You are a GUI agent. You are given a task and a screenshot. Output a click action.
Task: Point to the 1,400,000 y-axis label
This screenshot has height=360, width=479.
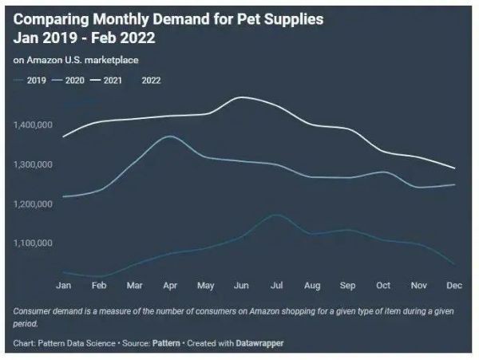34,125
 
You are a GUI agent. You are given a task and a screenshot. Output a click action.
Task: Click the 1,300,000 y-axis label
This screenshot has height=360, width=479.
34,164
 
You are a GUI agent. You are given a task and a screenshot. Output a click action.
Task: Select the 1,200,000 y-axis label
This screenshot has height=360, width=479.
34,204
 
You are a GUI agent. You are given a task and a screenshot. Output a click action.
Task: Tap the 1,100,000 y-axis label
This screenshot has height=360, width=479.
34,243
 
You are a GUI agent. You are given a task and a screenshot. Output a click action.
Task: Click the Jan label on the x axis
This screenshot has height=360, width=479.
64,284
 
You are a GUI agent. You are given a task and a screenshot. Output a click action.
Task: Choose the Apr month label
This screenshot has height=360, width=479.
169,284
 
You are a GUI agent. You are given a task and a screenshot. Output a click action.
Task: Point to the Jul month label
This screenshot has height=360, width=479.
275,284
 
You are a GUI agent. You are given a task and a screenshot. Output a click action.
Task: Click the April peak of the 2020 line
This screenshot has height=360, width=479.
169,136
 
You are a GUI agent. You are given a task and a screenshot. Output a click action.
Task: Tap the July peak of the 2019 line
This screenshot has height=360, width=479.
275,214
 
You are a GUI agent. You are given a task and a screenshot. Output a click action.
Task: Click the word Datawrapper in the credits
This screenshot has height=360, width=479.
258,343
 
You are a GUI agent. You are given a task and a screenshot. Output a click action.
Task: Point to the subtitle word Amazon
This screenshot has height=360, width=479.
43,60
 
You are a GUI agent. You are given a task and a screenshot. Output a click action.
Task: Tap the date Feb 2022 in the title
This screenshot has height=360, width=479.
123,38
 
